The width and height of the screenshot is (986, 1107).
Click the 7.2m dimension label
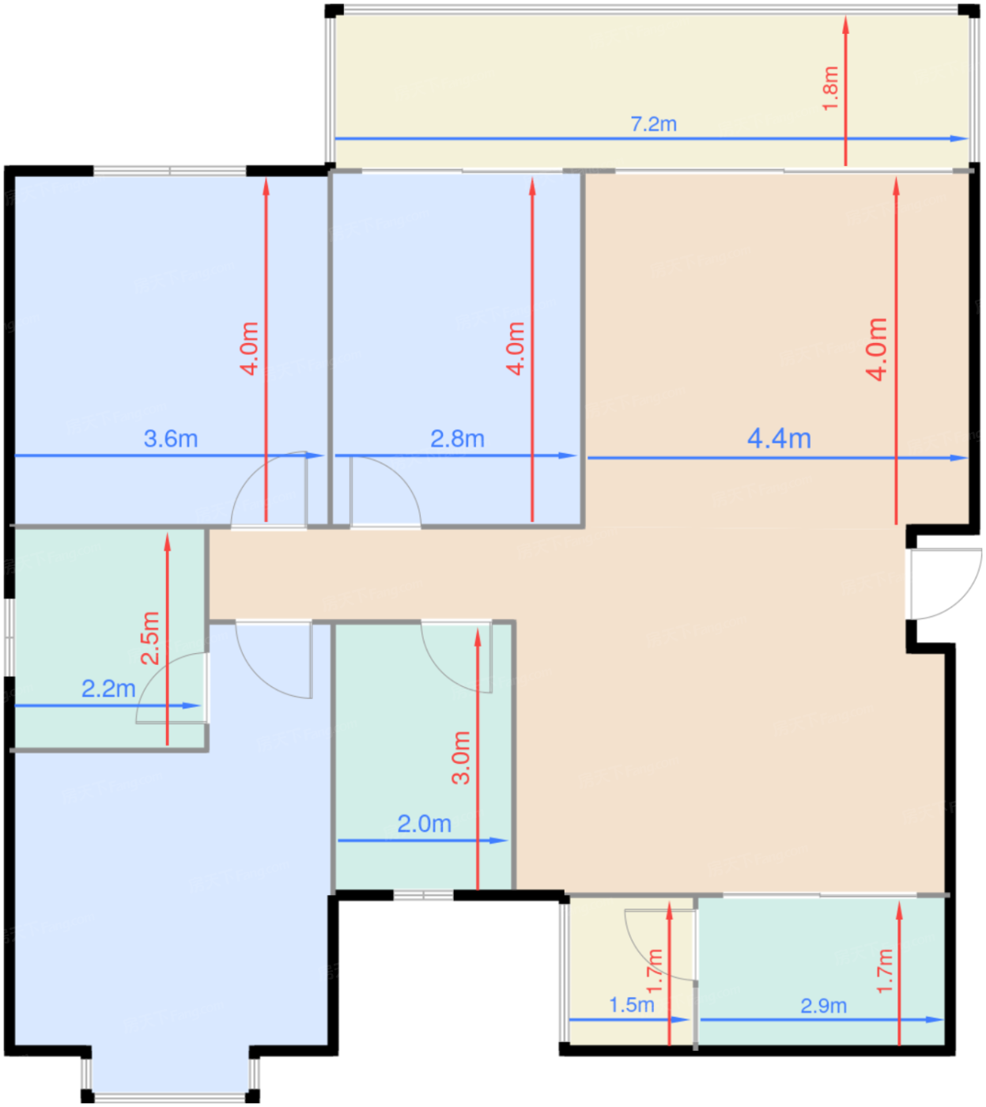[653, 125]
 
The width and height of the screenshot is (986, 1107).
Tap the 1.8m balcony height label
[829, 89]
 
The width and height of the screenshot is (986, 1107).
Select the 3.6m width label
[171, 439]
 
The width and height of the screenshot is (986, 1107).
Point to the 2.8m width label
[458, 439]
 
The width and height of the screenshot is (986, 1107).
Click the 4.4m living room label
[779, 439]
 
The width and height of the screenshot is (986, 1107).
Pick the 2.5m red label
[149, 638]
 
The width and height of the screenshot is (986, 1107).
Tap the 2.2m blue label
[108, 689]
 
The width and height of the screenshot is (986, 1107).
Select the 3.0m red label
[461, 758]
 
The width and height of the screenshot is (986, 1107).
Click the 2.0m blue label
[424, 824]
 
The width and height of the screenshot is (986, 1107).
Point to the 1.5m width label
[631, 1004]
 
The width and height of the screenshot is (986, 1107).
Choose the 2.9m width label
[824, 1005]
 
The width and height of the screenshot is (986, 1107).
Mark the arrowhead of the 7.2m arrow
[958, 139]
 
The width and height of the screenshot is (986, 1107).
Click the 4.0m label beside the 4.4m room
[876, 349]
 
